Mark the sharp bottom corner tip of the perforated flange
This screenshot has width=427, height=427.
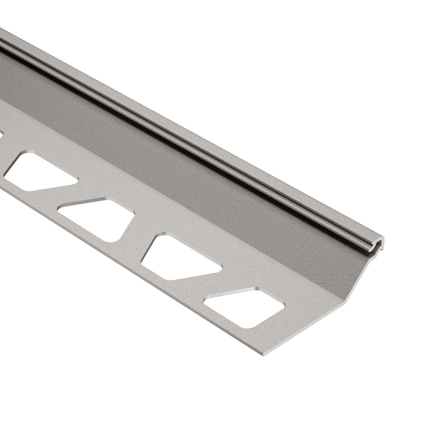[263, 354]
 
